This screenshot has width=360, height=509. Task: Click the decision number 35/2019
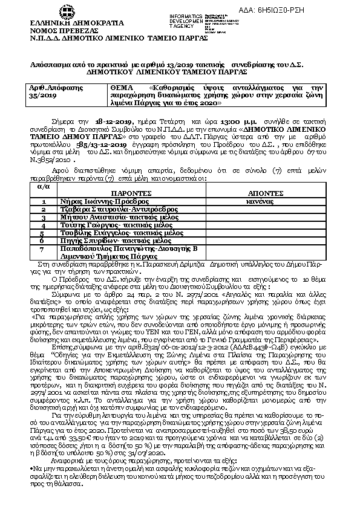tap(42, 96)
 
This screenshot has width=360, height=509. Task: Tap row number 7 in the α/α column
tap(43, 248)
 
